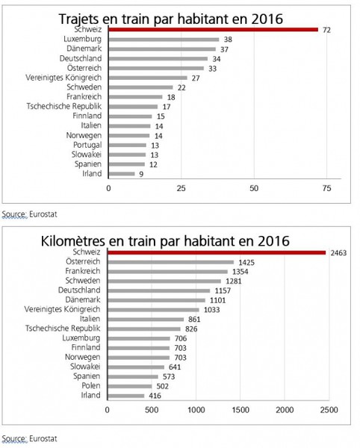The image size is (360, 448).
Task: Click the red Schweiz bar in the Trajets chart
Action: [213, 30]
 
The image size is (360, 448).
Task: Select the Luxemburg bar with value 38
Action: [164, 40]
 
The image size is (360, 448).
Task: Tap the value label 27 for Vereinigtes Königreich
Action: [196, 78]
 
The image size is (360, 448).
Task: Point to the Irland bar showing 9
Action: [122, 174]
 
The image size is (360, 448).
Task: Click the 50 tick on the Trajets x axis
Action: [254, 189]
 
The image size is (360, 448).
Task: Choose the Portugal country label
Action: [87, 145]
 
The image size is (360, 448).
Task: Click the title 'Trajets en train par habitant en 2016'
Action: [171, 19]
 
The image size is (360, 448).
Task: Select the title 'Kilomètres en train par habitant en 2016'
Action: [165, 241]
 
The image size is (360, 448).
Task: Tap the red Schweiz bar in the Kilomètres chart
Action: [217, 252]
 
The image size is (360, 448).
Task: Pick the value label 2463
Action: [338, 253]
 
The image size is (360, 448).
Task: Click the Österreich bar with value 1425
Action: [170, 262]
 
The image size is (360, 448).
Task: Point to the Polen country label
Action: [91, 386]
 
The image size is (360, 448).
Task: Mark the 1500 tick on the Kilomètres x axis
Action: [240, 410]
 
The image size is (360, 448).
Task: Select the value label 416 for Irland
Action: [155, 396]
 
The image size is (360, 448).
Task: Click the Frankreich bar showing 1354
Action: [168, 272]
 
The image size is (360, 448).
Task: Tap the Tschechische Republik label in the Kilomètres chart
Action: [63, 329]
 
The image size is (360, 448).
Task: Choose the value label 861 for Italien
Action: [194, 320]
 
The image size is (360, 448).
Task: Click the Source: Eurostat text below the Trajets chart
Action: [30, 214]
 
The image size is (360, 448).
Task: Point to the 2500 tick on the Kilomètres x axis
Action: [329, 410]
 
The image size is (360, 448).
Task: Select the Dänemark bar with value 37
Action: [162, 49]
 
